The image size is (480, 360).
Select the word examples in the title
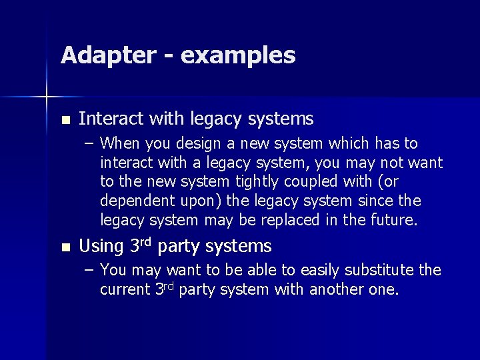click(238, 56)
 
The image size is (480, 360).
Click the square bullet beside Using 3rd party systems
click(64, 247)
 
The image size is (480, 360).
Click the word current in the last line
click(125, 290)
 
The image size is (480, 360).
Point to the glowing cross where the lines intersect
click(47, 98)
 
